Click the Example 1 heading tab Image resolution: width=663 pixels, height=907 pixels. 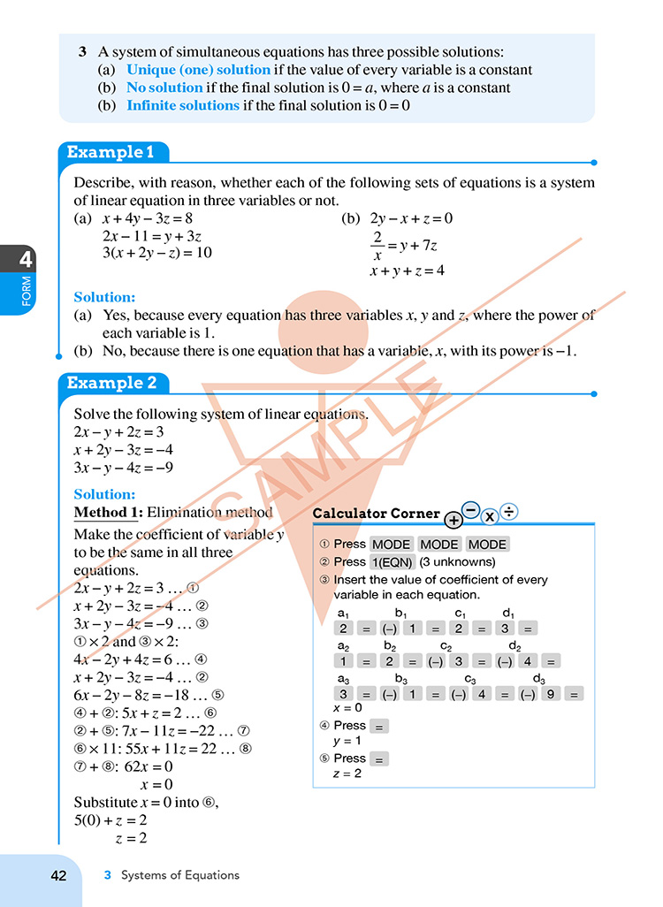tap(110, 152)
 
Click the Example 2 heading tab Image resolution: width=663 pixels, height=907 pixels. tap(111, 383)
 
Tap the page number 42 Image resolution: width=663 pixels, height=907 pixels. tap(58, 875)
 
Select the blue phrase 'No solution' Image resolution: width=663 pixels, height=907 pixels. tap(164, 88)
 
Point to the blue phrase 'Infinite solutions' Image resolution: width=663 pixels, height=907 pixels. tap(183, 105)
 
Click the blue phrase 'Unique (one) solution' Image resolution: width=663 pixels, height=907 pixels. tap(199, 70)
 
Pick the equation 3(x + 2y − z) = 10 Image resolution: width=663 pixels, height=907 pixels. tap(157, 253)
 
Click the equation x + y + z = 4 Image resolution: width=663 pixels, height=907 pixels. tap(407, 271)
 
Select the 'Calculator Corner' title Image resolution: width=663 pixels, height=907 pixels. tap(376, 514)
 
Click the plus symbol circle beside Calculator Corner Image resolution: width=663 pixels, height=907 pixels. tap(453, 520)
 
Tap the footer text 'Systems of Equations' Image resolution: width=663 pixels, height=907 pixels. tap(180, 875)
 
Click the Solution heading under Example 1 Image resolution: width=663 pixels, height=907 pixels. tap(104, 298)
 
